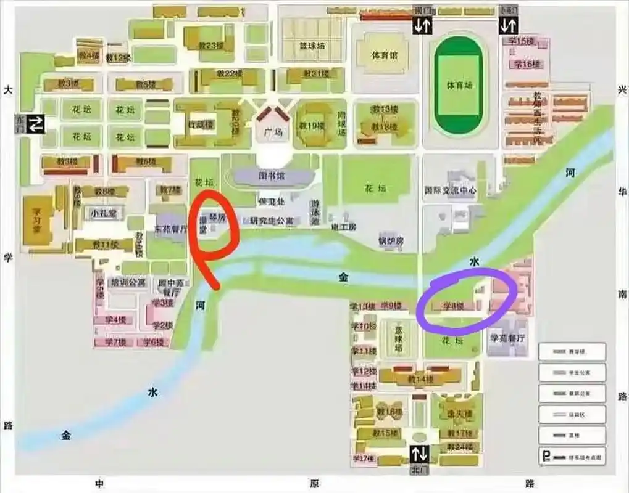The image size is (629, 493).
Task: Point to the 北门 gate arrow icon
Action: click(x=420, y=454)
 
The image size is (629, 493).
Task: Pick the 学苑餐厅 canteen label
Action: click(x=507, y=338)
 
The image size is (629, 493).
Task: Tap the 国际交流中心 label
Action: click(x=451, y=191)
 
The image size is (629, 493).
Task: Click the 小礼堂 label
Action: click(x=102, y=213)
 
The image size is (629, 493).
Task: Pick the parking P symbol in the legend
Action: click(x=546, y=457)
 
